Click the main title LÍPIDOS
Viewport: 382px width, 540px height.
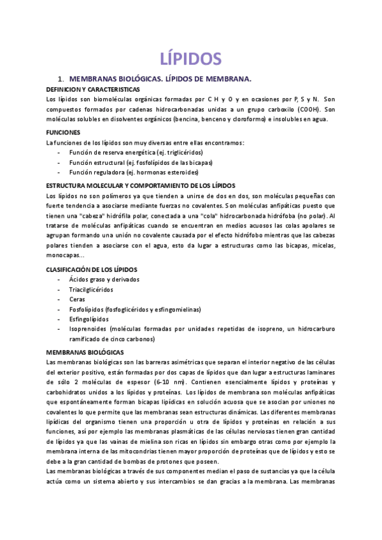coord(190,59)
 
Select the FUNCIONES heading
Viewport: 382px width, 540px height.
coord(64,132)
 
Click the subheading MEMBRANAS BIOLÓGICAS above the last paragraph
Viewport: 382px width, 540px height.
coord(85,352)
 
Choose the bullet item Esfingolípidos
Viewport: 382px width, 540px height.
coord(89,319)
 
